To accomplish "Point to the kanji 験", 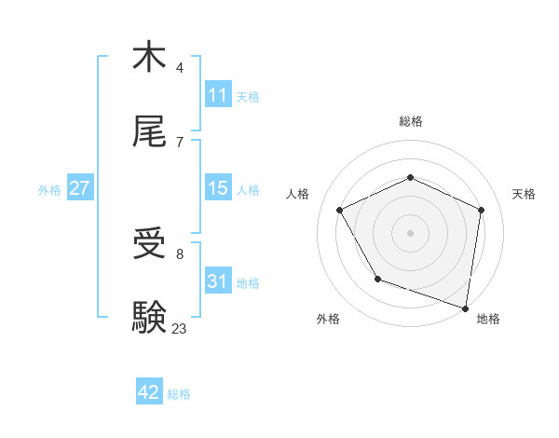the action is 149,317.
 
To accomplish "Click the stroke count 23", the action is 179,328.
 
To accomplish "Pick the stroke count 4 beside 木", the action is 179,68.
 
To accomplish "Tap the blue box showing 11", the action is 217,95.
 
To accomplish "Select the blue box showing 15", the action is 217,188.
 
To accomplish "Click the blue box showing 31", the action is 217,281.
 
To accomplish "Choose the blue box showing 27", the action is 79,188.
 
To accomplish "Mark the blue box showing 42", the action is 148,392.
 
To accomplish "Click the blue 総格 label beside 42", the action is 179,394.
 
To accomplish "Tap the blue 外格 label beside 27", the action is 49,190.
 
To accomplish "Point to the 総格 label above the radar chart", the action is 410,121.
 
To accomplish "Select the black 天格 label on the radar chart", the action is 525,194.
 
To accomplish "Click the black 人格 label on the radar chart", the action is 297,194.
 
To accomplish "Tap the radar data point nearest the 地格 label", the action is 466,308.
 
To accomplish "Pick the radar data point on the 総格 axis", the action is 410,177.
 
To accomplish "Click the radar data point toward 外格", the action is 377,279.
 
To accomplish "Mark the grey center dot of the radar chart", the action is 410,233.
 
